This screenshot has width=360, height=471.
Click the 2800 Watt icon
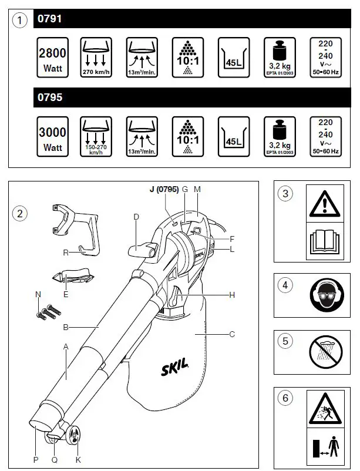point(52,57)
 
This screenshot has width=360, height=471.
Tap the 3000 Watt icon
point(52,136)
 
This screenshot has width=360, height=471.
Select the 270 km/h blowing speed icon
point(97,57)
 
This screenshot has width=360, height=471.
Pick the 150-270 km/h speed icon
point(97,136)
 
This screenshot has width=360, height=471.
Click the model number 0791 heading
point(49,19)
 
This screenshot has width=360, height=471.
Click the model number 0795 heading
point(49,97)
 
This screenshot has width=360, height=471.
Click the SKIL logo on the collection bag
point(175,368)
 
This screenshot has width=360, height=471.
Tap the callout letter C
point(232,334)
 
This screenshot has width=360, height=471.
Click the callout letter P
point(35,459)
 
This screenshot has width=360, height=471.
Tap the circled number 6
point(285,398)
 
